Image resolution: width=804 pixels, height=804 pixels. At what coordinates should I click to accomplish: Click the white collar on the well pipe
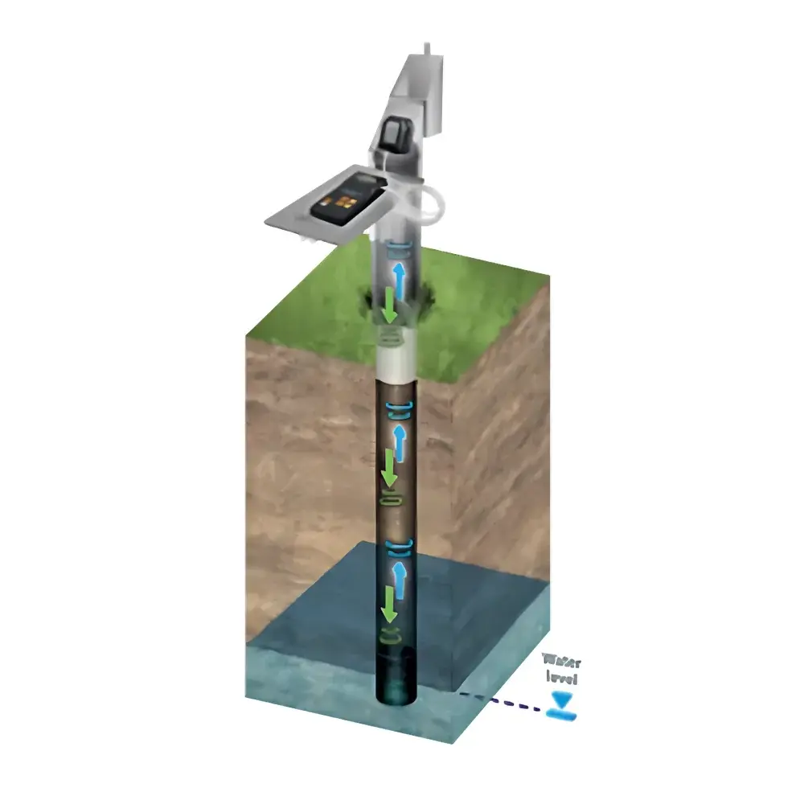click(x=396, y=363)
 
